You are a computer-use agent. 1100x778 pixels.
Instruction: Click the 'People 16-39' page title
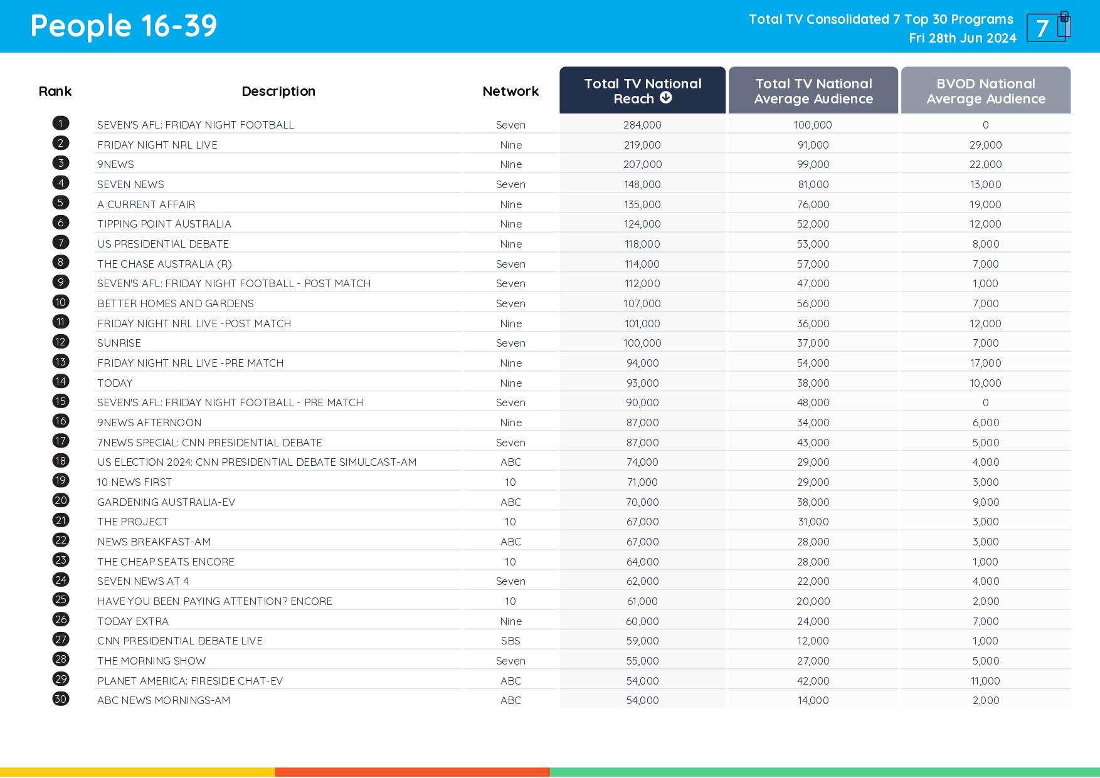pyautogui.click(x=124, y=26)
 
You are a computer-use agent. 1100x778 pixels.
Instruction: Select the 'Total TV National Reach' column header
pyautogui.click(x=642, y=91)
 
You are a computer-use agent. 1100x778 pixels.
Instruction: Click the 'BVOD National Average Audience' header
pyautogui.click(x=985, y=91)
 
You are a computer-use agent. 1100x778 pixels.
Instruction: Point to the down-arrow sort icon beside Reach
pyautogui.click(x=666, y=98)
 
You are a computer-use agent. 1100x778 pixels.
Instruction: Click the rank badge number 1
pyautogui.click(x=61, y=124)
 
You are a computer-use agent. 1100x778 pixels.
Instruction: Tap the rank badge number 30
pyautogui.click(x=61, y=699)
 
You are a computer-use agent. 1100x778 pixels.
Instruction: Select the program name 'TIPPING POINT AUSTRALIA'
pyautogui.click(x=164, y=224)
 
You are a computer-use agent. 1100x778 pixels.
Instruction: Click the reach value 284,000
pyautogui.click(x=642, y=125)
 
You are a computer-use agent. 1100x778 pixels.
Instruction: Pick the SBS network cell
pyautogui.click(x=510, y=641)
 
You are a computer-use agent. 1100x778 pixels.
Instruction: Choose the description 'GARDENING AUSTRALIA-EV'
pyautogui.click(x=166, y=502)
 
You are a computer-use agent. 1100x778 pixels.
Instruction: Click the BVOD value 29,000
pyautogui.click(x=985, y=145)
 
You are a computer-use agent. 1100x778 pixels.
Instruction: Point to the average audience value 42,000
pyautogui.click(x=813, y=681)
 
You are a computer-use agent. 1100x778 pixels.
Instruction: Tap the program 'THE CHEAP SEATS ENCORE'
pyautogui.click(x=166, y=562)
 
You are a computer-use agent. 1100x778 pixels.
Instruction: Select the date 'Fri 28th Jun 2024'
pyautogui.click(x=962, y=38)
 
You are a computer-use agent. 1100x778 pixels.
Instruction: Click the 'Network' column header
pyautogui.click(x=510, y=92)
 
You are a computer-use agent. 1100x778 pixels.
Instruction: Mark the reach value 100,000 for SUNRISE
pyautogui.click(x=642, y=343)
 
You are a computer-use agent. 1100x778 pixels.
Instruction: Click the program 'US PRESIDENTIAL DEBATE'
pyautogui.click(x=163, y=244)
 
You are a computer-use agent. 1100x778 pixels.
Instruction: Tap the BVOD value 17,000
pyautogui.click(x=985, y=363)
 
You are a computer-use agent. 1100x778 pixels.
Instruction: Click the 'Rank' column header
pyautogui.click(x=55, y=92)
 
